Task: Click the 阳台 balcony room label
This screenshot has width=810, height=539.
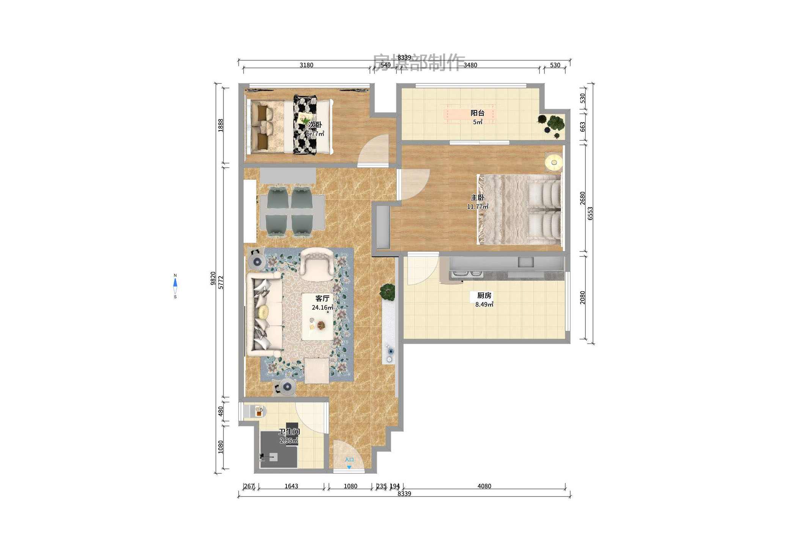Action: tap(477, 113)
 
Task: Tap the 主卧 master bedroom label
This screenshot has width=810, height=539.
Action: tap(477, 198)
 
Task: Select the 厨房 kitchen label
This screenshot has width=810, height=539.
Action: tap(484, 295)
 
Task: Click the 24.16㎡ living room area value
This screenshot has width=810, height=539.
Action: tap(322, 308)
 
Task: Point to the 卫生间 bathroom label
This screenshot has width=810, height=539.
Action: tap(289, 432)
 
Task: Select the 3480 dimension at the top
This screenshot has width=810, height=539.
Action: tap(470, 65)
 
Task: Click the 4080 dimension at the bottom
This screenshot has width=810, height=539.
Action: tap(484, 486)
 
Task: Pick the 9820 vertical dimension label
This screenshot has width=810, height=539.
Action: tap(213, 278)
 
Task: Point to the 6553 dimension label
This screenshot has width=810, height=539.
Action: tap(590, 213)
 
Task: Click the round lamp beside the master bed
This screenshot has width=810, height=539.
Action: tap(554, 163)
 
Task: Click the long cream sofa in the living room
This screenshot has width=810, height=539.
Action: tap(264, 314)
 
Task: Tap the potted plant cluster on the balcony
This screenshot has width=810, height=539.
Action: tap(552, 124)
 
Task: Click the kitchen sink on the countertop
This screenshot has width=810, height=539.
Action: tap(526, 262)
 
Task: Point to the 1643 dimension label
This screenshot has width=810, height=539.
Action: tap(291, 486)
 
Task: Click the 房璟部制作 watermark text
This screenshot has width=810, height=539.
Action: tap(418, 62)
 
